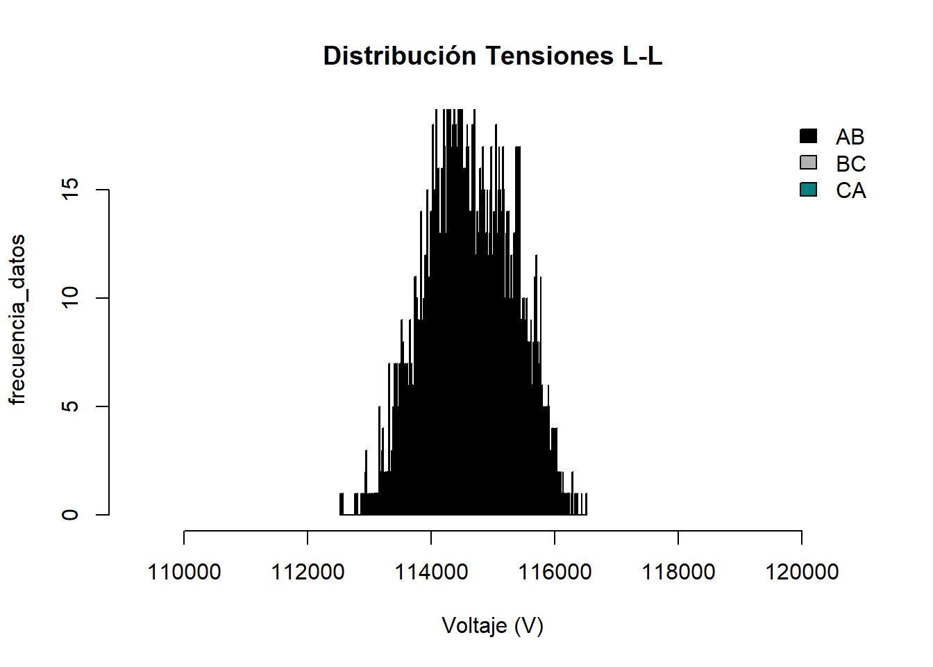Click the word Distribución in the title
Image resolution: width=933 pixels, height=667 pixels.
coord(400,56)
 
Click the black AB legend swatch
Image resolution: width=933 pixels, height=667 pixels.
coord(808,136)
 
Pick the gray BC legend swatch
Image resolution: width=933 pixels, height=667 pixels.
coord(808,163)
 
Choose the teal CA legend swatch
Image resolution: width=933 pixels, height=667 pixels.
coord(808,190)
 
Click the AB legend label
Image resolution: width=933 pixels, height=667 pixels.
coord(850,137)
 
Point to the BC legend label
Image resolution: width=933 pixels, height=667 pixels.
coord(850,164)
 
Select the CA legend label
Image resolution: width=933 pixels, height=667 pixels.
coord(850,190)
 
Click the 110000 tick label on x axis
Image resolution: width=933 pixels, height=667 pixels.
coord(184,572)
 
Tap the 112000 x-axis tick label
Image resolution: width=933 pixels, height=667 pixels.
coord(308,572)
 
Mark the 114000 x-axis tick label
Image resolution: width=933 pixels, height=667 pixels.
coord(431,572)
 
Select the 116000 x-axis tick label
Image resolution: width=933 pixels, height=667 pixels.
coord(555,572)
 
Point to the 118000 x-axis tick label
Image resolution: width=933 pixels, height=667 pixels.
coord(678,572)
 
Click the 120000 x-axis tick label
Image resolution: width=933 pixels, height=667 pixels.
coord(802,572)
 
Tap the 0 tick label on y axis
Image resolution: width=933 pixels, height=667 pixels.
coord(70,515)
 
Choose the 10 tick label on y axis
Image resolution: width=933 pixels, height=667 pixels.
coord(70,298)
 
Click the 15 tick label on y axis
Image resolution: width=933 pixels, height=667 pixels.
coord(70,190)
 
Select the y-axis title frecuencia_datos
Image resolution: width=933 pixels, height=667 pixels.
coord(17,319)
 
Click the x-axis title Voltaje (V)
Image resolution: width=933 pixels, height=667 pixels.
coord(492,626)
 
